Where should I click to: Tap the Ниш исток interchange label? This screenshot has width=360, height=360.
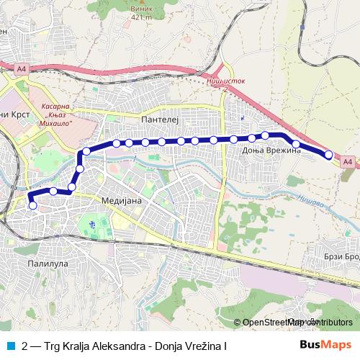point(226,81)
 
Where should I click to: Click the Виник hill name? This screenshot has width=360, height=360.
point(142,7)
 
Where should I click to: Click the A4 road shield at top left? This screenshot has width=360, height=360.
point(22,69)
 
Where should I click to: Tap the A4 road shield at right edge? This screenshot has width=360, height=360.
point(348,162)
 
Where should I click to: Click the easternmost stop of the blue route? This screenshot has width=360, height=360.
point(329,155)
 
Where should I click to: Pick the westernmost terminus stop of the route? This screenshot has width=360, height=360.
point(32,206)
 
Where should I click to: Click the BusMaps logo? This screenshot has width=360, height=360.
point(325,346)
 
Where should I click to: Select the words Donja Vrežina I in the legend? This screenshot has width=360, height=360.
point(192,346)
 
